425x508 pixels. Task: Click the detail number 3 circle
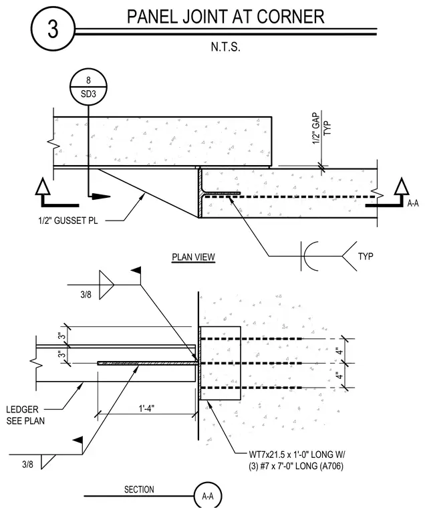click(53, 29)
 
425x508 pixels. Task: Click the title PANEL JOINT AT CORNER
click(225, 17)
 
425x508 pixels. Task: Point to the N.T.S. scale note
click(225, 47)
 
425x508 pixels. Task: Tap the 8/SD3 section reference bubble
click(88, 87)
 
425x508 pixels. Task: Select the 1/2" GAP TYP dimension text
click(322, 128)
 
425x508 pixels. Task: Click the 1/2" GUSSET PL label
click(68, 221)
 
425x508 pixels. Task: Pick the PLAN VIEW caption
click(193, 257)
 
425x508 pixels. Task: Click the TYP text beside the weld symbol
click(366, 256)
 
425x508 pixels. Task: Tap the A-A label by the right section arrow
click(413, 203)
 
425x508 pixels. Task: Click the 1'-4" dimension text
click(147, 408)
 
